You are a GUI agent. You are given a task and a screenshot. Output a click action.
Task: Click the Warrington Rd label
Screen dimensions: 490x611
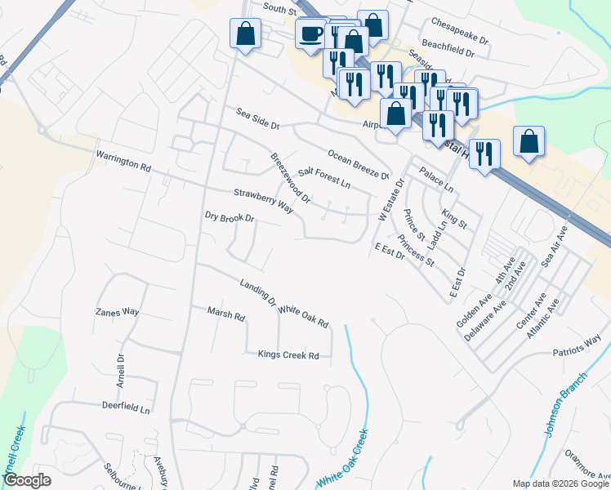tap(123, 160)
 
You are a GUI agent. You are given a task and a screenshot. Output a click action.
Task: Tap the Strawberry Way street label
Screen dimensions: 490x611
tap(263, 200)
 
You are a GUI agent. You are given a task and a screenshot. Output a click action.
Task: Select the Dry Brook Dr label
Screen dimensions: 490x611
tap(230, 218)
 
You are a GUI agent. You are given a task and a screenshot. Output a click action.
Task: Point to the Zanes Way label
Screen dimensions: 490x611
tap(118, 312)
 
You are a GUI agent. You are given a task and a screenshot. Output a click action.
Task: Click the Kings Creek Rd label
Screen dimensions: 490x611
tap(288, 355)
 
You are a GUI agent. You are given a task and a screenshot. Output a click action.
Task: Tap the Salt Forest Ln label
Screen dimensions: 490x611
tap(323, 177)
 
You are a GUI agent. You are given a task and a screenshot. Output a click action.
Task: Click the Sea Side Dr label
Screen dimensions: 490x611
tap(258, 119)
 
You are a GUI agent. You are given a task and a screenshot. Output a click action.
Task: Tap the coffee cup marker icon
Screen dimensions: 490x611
tap(311, 34)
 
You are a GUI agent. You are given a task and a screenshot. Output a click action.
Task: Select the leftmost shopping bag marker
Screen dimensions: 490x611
tap(245, 34)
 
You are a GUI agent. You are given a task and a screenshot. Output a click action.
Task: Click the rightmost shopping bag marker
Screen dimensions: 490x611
tap(529, 140)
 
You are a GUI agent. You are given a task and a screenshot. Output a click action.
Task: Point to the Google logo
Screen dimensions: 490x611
tap(28, 480)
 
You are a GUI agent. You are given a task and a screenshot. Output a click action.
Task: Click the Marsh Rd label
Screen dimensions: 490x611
tap(226, 314)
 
